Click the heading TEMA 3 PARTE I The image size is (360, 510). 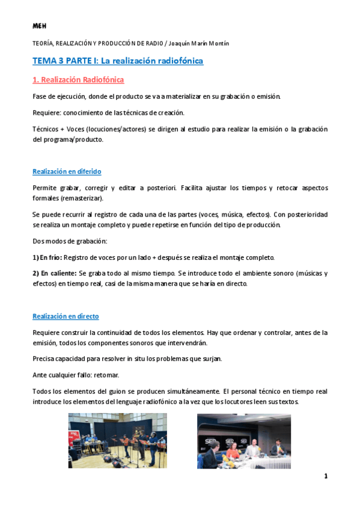118,61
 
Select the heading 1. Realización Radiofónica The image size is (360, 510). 78,79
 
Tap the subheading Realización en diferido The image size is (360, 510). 67,171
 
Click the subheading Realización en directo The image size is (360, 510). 66,316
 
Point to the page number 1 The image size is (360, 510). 326,476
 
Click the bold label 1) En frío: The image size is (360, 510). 46,257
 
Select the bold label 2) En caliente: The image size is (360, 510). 54,273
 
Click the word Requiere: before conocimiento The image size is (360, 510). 46,112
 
